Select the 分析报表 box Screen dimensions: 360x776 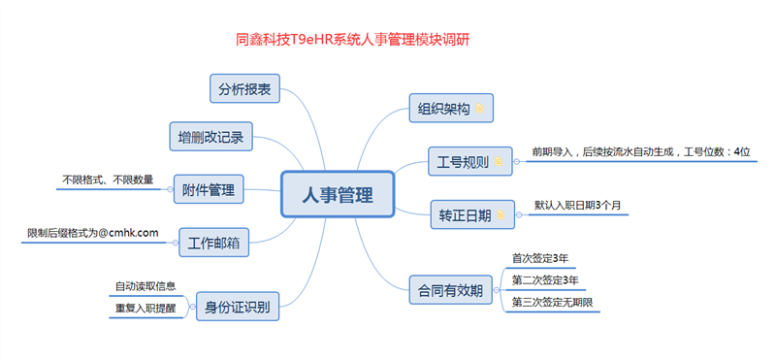pyautogui.click(x=245, y=88)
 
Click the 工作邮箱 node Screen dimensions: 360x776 pyautogui.click(x=214, y=240)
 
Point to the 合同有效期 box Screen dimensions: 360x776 pyautogui.click(x=451, y=289)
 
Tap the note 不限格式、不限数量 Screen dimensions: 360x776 pyautogui.click(x=108, y=180)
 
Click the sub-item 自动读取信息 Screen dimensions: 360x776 pyautogui.click(x=145, y=286)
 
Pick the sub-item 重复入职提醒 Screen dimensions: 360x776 pyautogui.click(x=145, y=309)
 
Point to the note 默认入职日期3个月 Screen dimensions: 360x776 pyautogui.click(x=577, y=206)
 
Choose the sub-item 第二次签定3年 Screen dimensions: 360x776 pyautogui.click(x=545, y=280)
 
